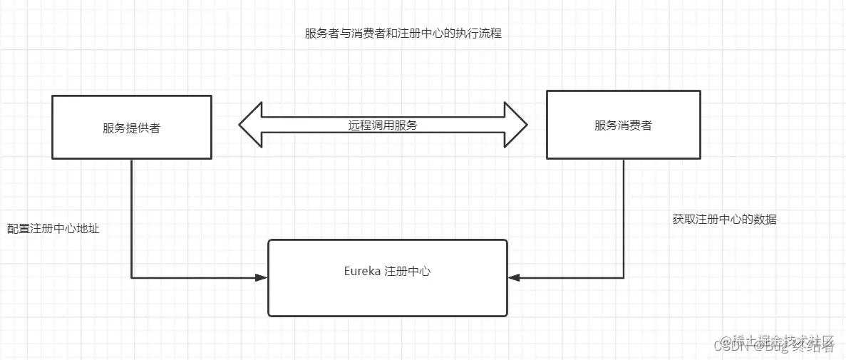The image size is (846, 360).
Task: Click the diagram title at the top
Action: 403,34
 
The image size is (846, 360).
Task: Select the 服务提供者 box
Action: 132,127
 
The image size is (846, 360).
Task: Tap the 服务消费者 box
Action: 623,124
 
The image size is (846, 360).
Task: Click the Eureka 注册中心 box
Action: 387,278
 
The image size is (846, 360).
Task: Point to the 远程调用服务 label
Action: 383,125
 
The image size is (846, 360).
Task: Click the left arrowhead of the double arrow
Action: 250,125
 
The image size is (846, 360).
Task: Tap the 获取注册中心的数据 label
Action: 724,220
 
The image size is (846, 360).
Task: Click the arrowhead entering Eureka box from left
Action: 261,277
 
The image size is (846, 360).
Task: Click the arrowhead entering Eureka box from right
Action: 514,277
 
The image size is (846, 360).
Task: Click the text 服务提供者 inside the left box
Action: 132,128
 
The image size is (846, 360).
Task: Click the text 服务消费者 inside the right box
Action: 623,125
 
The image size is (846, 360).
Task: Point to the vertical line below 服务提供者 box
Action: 132,214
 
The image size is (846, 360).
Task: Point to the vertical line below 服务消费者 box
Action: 624,214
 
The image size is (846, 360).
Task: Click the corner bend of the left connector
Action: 132,277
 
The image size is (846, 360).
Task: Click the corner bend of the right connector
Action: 624,277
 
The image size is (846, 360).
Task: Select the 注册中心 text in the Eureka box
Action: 408,272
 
